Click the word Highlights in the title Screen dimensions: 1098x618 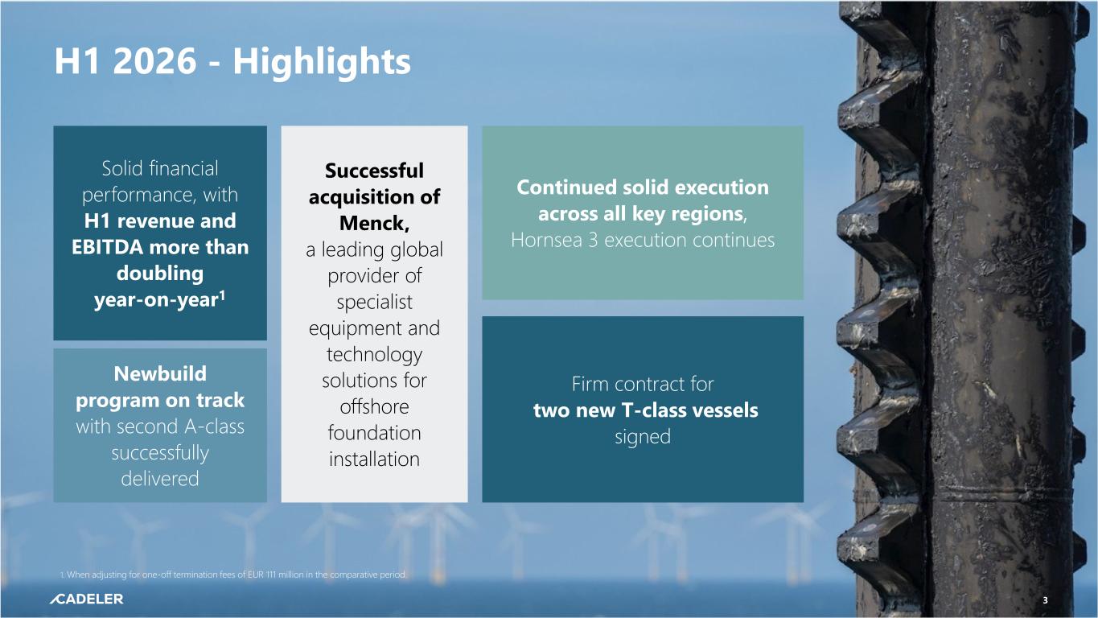point(322,62)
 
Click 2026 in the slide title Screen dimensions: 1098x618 point(154,61)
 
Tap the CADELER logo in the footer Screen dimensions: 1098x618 point(86,599)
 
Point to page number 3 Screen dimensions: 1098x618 point(1045,600)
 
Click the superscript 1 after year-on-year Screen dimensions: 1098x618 point(222,295)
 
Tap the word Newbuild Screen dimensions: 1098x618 point(160,373)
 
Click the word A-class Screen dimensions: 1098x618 point(214,426)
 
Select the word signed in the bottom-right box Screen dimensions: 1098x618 point(643,437)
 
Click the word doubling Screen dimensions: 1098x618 point(160,274)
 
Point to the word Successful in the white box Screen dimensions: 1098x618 point(374,171)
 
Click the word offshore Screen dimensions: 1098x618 point(374,406)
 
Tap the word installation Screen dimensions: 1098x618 point(374,459)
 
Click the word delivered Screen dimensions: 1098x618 point(160,479)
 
